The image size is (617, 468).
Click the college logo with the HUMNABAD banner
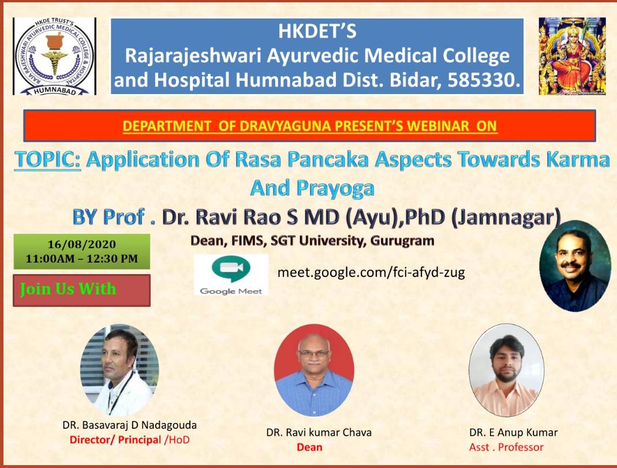tap(54, 56)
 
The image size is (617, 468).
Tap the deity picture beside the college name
tap(572, 56)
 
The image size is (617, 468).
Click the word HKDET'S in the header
tap(317, 31)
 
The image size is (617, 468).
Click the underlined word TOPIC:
tap(48, 160)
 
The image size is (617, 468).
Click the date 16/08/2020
tap(81, 244)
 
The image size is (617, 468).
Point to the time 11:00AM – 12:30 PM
tap(81, 259)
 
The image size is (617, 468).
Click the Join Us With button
tap(81, 290)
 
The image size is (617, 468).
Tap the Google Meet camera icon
tap(230, 270)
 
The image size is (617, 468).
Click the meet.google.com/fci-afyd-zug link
tap(371, 272)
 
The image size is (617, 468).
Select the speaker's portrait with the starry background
tap(574, 266)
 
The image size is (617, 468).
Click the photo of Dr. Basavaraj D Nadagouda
tap(119, 370)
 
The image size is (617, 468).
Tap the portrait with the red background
tap(314, 370)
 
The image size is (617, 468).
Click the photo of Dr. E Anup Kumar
tap(506, 370)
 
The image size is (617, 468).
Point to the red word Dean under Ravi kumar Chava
tap(309, 447)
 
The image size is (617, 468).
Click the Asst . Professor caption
tap(506, 447)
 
